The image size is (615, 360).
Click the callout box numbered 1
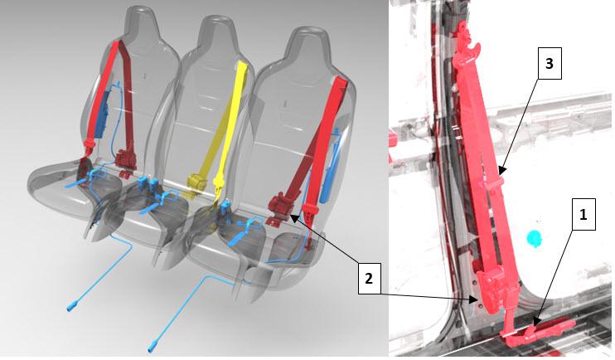click(584, 214)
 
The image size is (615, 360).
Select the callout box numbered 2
click(369, 279)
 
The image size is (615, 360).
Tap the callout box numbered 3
click(550, 63)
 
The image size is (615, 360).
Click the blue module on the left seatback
click(103, 114)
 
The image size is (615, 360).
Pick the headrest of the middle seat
click(218, 32)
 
